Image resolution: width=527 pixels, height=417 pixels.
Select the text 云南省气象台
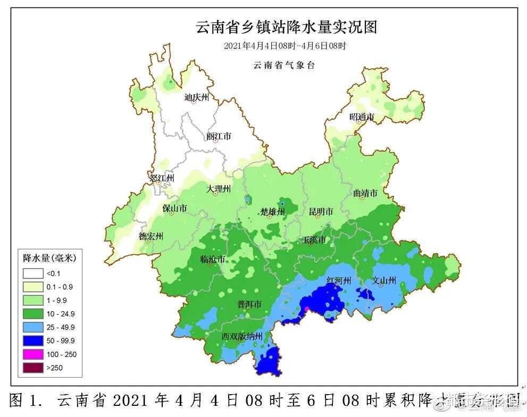tap(284, 65)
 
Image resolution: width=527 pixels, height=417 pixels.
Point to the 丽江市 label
tap(219, 136)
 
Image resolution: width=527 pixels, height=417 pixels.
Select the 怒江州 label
tap(162, 178)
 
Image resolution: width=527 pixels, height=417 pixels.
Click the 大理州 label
tap(219, 189)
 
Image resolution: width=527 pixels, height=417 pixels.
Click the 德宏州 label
tap(150, 236)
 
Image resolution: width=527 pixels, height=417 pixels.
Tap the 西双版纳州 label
tap(242, 336)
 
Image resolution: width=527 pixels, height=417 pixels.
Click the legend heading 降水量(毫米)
tap(49, 258)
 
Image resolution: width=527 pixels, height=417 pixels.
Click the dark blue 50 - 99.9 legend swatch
tap(33, 341)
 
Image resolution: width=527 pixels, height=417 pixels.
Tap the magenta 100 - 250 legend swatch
tap(33, 354)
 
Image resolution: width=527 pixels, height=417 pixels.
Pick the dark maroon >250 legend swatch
tap(33, 368)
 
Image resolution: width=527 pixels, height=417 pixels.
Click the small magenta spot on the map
tap(307, 308)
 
